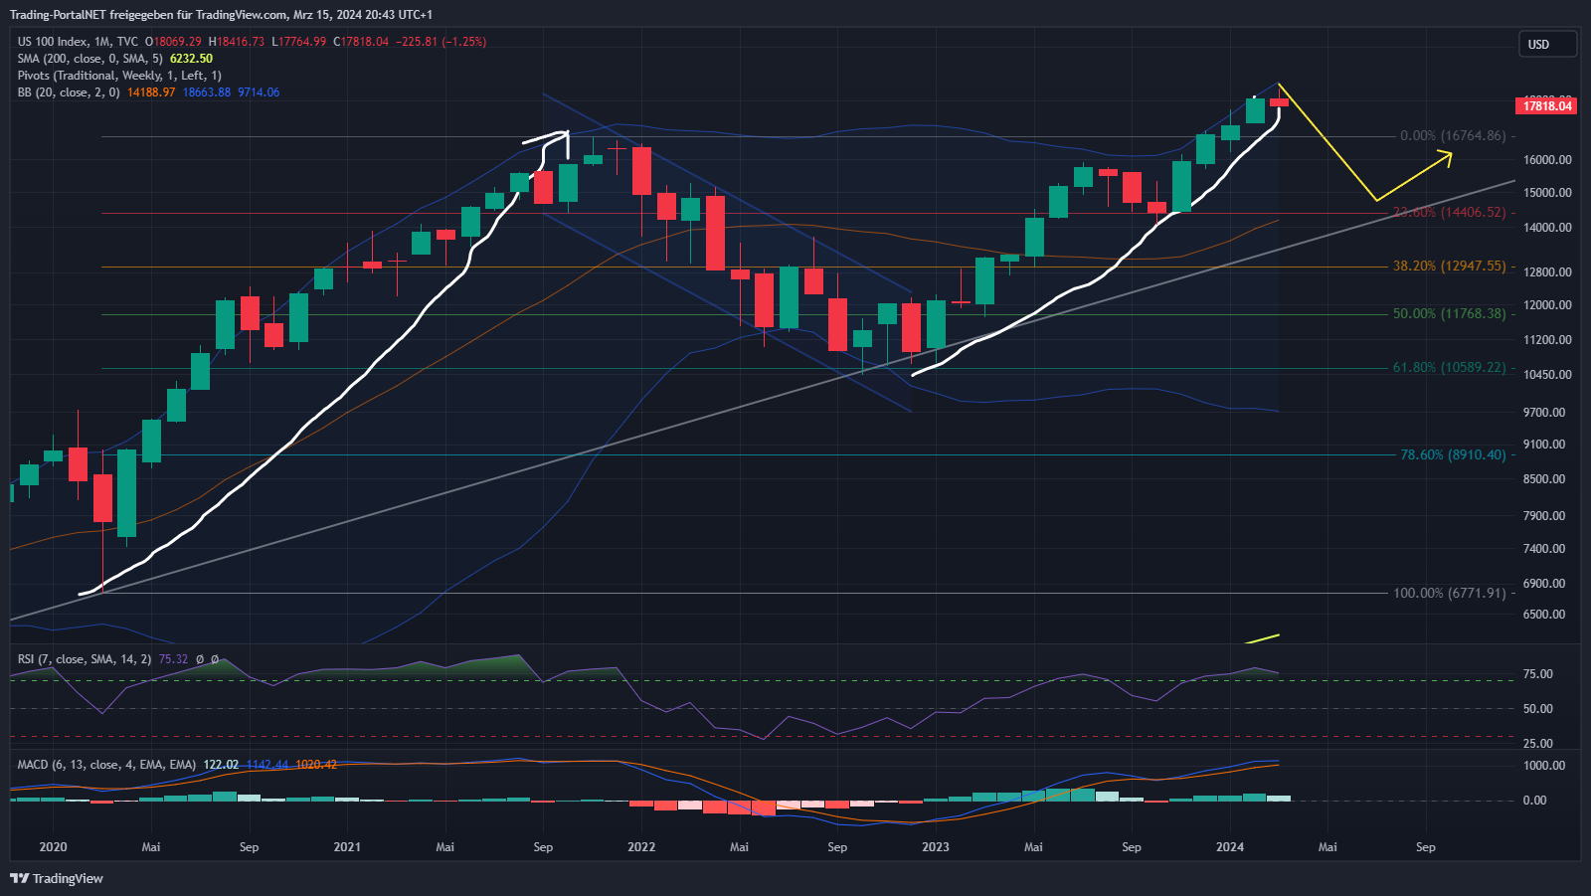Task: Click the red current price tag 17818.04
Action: click(1548, 105)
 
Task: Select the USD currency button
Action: click(1547, 44)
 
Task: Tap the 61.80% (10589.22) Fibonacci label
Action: click(1449, 368)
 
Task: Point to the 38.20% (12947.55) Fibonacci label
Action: click(1449, 267)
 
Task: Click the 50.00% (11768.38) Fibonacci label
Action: click(1449, 314)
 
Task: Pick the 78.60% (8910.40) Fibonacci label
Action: click(1453, 454)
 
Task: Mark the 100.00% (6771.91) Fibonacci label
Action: click(1449, 593)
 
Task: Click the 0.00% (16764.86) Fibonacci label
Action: click(1453, 136)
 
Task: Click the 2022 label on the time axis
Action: click(641, 847)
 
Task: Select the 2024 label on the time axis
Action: click(1230, 847)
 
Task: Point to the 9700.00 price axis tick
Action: click(1544, 412)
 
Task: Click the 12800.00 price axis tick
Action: click(1547, 271)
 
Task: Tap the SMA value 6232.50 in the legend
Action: click(191, 59)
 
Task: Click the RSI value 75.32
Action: click(173, 659)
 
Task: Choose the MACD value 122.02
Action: click(221, 765)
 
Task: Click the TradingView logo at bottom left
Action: click(57, 878)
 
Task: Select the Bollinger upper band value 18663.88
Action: click(206, 92)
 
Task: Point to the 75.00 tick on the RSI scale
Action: click(1537, 674)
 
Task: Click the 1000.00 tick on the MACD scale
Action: click(1544, 766)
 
